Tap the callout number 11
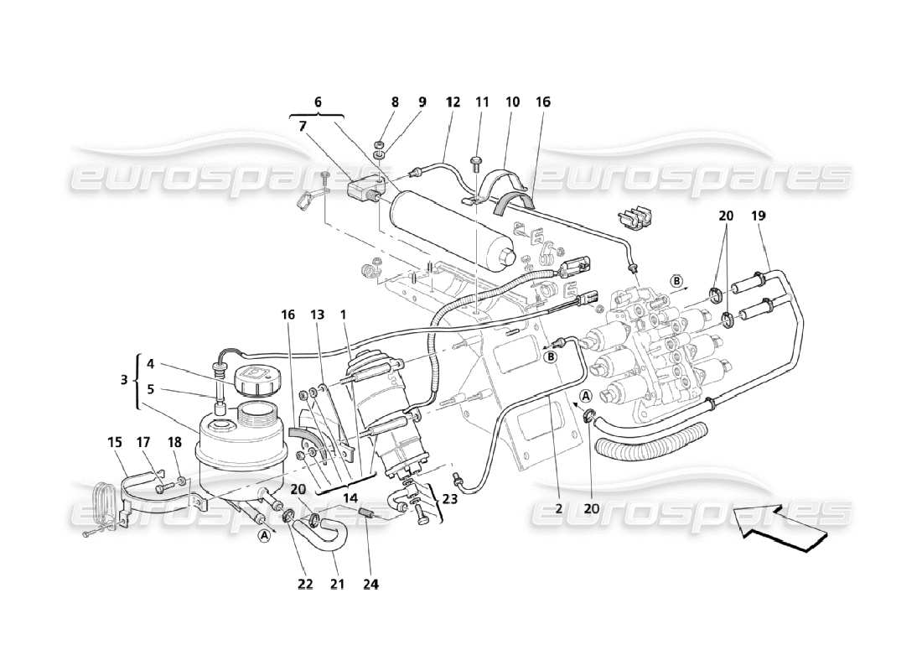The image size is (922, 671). pyautogui.click(x=483, y=102)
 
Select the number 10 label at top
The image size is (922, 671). pyautogui.click(x=512, y=102)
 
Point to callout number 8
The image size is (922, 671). pyautogui.click(x=395, y=102)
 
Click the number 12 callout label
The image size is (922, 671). pyautogui.click(x=453, y=102)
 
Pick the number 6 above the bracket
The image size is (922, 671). pyautogui.click(x=318, y=101)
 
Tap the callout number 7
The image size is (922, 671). pyautogui.click(x=303, y=125)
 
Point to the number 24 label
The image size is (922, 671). pyautogui.click(x=370, y=584)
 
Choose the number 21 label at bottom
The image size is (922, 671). pyautogui.click(x=336, y=584)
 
